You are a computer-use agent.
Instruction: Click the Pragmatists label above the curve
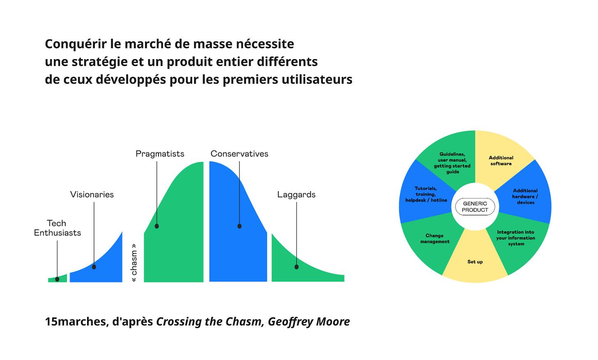pyautogui.click(x=160, y=154)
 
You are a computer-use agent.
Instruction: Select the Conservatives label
pyautogui.click(x=239, y=154)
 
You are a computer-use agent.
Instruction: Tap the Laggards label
pyautogui.click(x=296, y=195)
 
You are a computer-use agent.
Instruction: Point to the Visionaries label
pyautogui.click(x=92, y=195)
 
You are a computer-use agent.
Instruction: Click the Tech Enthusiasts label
pyautogui.click(x=57, y=228)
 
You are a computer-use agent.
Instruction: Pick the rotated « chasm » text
pyautogui.click(x=134, y=263)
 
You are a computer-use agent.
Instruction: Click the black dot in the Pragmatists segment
pyautogui.click(x=157, y=226)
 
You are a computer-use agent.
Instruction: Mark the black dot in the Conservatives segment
pyautogui.click(x=239, y=226)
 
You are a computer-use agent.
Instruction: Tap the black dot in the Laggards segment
pyautogui.click(x=297, y=267)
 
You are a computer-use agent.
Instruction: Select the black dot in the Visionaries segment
pyautogui.click(x=94, y=267)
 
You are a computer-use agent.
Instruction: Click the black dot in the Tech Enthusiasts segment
pyautogui.click(x=57, y=280)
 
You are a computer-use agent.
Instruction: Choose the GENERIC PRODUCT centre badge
pyautogui.click(x=475, y=207)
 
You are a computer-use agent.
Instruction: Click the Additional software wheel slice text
pyautogui.click(x=501, y=161)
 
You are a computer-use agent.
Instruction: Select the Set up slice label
pyautogui.click(x=475, y=262)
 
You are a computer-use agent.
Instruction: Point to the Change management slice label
pyautogui.click(x=435, y=238)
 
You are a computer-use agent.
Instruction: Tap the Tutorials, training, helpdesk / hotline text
pyautogui.click(x=426, y=194)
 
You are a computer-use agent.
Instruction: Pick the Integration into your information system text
pyautogui.click(x=515, y=238)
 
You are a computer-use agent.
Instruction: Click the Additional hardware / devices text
pyautogui.click(x=525, y=196)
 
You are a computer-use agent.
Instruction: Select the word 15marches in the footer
pyautogui.click(x=76, y=321)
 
